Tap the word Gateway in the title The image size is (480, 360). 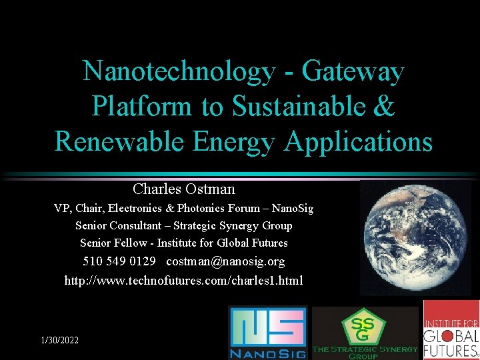(x=353, y=71)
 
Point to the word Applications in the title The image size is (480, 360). (x=359, y=141)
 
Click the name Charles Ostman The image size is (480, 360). (x=183, y=189)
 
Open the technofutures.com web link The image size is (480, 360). (x=183, y=280)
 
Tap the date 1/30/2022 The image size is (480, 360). (x=59, y=340)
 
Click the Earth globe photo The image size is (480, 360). (x=415, y=237)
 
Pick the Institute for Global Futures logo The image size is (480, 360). (x=451, y=329)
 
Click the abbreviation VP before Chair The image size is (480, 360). (x=62, y=209)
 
